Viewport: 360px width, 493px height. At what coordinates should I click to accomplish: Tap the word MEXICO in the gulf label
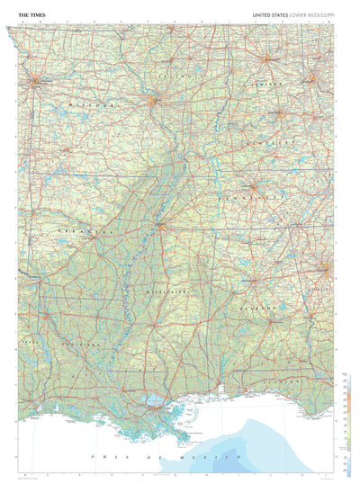click(182, 459)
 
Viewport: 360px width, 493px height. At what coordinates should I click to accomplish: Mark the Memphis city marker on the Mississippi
click(159, 226)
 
